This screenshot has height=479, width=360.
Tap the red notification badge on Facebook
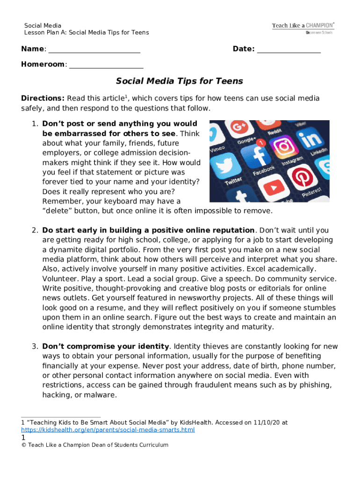click(x=262, y=142)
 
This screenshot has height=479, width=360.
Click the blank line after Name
click(x=94, y=50)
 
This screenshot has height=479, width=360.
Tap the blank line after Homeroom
click(x=106, y=65)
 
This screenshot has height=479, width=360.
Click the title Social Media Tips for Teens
click(x=180, y=81)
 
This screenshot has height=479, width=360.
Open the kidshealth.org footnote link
click(x=108, y=429)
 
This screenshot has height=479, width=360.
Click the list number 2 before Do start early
click(x=35, y=230)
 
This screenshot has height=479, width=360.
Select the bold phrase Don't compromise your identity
click(x=106, y=347)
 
